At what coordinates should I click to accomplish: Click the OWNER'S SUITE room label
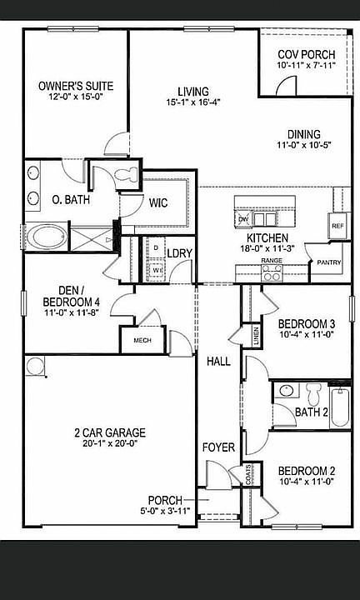76,86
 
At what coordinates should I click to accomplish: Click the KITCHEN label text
267,238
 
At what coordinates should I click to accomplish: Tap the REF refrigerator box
337,226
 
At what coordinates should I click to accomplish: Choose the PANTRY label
323,262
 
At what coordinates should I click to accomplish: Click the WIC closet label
159,202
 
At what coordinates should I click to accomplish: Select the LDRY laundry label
180,253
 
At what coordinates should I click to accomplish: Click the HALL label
218,361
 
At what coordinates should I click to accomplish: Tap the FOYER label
218,447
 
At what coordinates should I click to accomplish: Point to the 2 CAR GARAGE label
109,432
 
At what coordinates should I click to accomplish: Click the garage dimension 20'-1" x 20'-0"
109,444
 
